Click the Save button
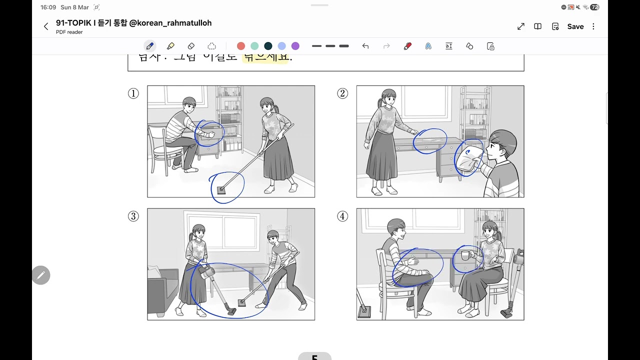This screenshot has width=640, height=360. tap(575, 26)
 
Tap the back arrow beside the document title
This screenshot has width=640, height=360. tap(46, 26)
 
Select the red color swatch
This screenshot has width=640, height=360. tap(241, 46)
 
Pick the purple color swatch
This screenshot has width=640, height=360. tap(295, 46)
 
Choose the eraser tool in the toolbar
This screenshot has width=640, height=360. tap(191, 46)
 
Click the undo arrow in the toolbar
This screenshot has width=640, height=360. tap(365, 46)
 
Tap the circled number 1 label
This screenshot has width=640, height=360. tap(133, 93)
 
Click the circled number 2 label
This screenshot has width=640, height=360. tap(342, 93)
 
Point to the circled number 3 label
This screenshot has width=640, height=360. tap(133, 216)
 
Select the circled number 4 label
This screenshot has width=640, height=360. tap(342, 216)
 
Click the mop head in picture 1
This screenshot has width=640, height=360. tap(221, 190)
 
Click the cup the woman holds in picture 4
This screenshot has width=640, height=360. tap(465, 255)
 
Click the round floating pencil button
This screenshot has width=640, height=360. tap(41, 275)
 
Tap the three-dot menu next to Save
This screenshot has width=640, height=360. tap(593, 26)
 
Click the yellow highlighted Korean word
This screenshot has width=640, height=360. tap(265, 57)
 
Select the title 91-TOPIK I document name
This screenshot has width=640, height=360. tap(133, 23)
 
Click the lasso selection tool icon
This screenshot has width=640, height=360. tap(211, 46)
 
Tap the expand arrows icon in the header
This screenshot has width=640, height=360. tap(521, 26)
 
